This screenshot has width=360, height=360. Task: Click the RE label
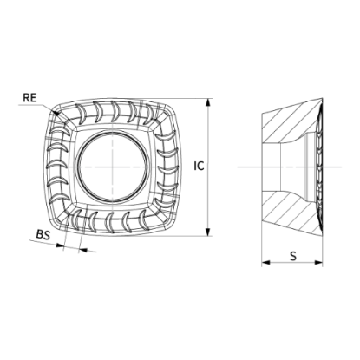pos(29,98)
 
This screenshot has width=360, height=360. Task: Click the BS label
pos(43,234)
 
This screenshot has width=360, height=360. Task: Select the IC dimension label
pos(199,166)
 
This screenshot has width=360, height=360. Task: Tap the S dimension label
pos(293,256)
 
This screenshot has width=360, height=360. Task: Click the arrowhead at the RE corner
pos(56,112)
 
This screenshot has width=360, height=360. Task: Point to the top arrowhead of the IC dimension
pos(207,103)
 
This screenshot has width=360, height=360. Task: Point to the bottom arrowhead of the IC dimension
pos(207,232)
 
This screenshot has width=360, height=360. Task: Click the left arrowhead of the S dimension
pos(266,263)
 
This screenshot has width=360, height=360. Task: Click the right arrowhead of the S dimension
pos(318,263)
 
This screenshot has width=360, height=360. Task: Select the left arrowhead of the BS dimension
pos(60,245)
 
